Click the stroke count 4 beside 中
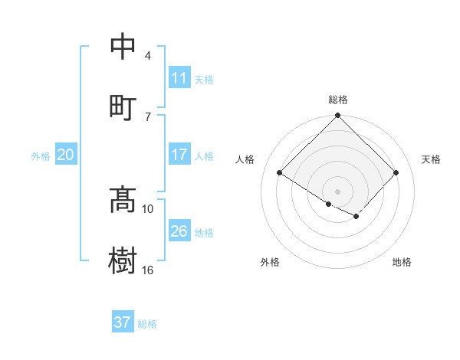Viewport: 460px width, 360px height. click(x=147, y=56)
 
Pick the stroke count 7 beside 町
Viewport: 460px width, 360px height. click(x=147, y=116)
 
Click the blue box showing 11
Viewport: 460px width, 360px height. click(x=179, y=78)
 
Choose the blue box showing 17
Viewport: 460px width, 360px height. click(x=179, y=155)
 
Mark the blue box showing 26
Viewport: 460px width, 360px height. click(x=179, y=231)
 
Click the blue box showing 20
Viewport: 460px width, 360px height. click(x=65, y=155)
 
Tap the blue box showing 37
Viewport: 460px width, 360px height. click(x=123, y=322)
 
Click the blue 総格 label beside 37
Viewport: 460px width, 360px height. click(x=147, y=324)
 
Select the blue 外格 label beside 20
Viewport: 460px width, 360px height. click(x=41, y=156)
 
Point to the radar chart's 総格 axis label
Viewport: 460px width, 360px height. click(x=338, y=100)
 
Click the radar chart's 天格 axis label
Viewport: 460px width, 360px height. click(x=431, y=159)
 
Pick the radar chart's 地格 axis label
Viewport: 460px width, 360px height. click(x=402, y=262)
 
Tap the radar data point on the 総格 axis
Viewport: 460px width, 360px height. click(x=338, y=116)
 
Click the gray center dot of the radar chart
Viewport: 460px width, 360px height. click(x=338, y=191)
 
